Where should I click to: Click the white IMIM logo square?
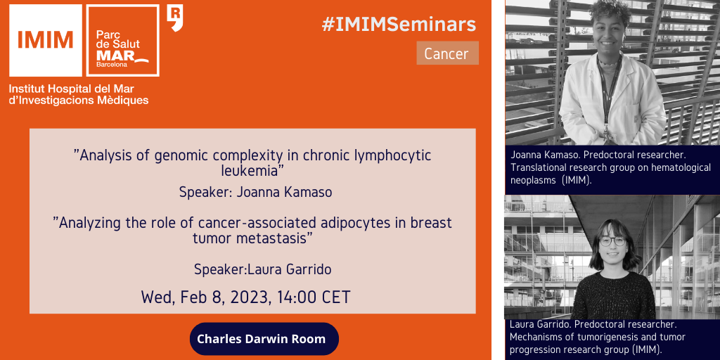point(46,40)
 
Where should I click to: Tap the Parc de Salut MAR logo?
point(122,40)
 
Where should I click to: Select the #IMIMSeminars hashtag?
point(399,25)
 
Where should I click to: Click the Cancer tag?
point(447,53)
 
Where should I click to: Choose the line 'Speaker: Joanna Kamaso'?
point(255,193)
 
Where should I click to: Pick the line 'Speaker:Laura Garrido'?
point(263,269)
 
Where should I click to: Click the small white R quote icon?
point(175,18)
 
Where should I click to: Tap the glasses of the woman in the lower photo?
point(612,240)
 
